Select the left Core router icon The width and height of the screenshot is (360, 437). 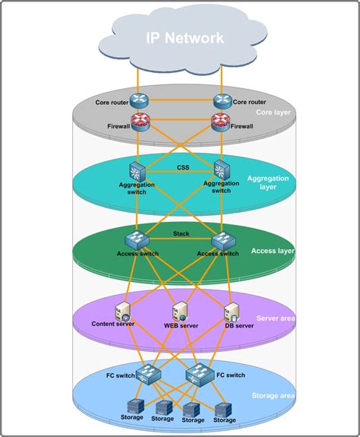click(138, 100)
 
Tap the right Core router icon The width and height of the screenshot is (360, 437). click(222, 100)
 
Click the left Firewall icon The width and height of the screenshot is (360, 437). click(138, 120)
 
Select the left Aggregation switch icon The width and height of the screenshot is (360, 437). click(137, 170)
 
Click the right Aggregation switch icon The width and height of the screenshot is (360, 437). click(221, 170)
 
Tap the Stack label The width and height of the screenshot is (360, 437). click(182, 234)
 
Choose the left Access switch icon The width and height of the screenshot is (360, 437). click(137, 240)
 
